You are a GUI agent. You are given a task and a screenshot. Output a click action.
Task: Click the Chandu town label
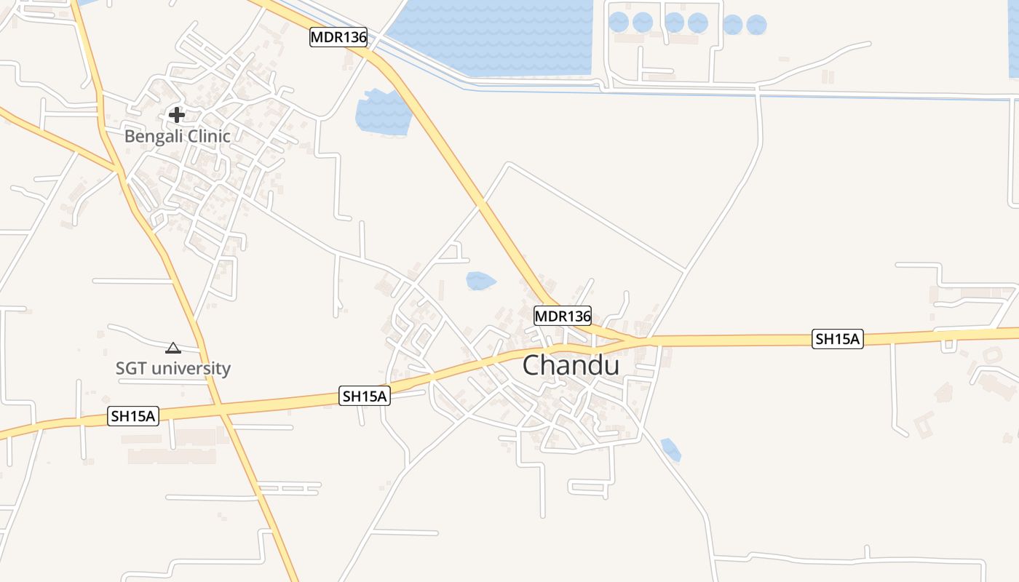tap(571, 365)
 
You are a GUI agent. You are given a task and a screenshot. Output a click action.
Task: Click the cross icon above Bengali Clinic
tap(176, 114)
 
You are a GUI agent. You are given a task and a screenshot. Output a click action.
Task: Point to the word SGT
tap(131, 368)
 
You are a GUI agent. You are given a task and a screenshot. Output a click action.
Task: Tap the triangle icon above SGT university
tap(173, 348)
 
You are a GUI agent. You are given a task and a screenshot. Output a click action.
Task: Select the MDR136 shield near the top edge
tap(338, 37)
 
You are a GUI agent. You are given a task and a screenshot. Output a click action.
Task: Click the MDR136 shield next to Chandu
tap(563, 316)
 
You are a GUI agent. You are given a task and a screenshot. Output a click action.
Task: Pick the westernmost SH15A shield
tap(133, 416)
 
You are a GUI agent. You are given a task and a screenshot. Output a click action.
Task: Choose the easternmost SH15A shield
tap(838, 339)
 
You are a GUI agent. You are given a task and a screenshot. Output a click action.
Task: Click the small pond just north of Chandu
tap(480, 280)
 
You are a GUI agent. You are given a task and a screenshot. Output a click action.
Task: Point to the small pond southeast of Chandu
tap(670, 449)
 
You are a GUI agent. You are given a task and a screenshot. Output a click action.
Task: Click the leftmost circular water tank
tap(619, 23)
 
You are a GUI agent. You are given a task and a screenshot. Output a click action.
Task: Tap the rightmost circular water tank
tap(757, 25)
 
